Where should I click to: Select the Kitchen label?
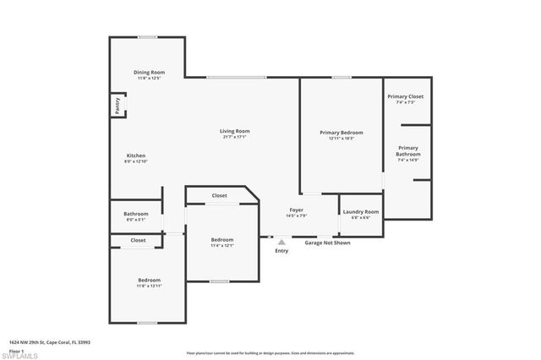point(136,155)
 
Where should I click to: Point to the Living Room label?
point(234,131)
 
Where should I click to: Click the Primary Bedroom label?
point(341,133)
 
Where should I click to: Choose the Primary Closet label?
point(406,97)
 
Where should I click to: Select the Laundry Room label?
point(360,212)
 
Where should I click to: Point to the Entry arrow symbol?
point(281,241)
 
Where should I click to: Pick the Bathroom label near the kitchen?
point(136,214)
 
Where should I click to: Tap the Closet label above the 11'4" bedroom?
point(219,195)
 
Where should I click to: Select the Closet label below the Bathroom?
point(137,240)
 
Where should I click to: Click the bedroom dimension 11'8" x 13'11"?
point(149,286)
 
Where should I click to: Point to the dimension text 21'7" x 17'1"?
point(234,137)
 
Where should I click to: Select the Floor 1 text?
point(16,349)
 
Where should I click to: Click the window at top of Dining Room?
point(147,36)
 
